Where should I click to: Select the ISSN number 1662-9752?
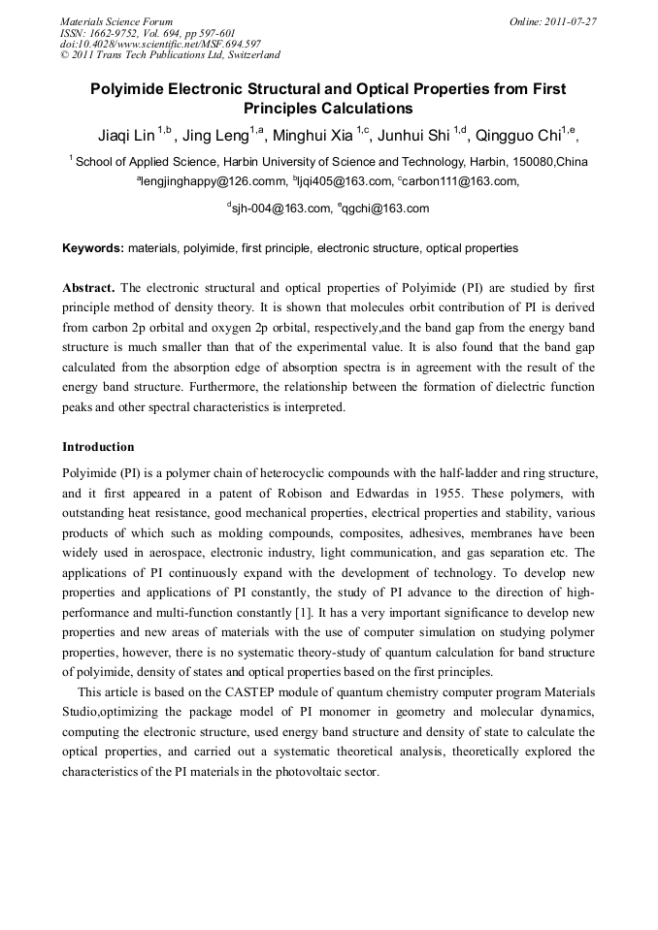119,32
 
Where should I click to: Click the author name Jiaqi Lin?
126,135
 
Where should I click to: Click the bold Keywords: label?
93,248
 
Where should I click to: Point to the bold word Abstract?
88,289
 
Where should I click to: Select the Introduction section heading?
98,447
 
